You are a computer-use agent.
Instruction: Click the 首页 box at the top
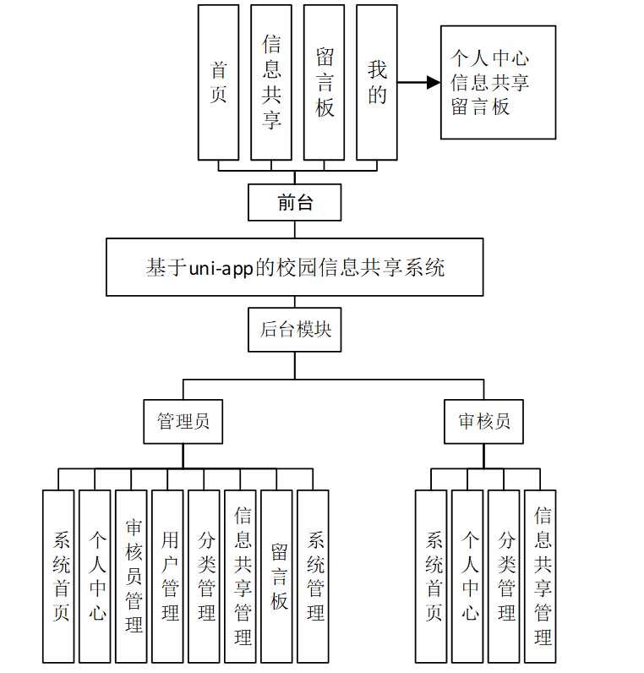pos(218,82)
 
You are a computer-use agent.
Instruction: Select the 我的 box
pos(377,82)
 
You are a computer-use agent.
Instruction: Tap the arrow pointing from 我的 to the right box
pos(419,83)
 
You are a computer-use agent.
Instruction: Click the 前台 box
pos(295,203)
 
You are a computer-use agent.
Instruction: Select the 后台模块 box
pos(295,330)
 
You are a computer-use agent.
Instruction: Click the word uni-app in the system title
pos(214,268)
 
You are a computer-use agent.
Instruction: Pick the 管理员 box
pos(183,422)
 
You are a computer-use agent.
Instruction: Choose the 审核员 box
pos(484,422)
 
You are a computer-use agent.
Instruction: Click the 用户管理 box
pos(170,576)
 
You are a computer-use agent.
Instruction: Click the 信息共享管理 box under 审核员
pos(543,576)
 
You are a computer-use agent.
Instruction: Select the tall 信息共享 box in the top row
pos(271,82)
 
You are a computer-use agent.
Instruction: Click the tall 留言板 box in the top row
pos(324,82)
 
